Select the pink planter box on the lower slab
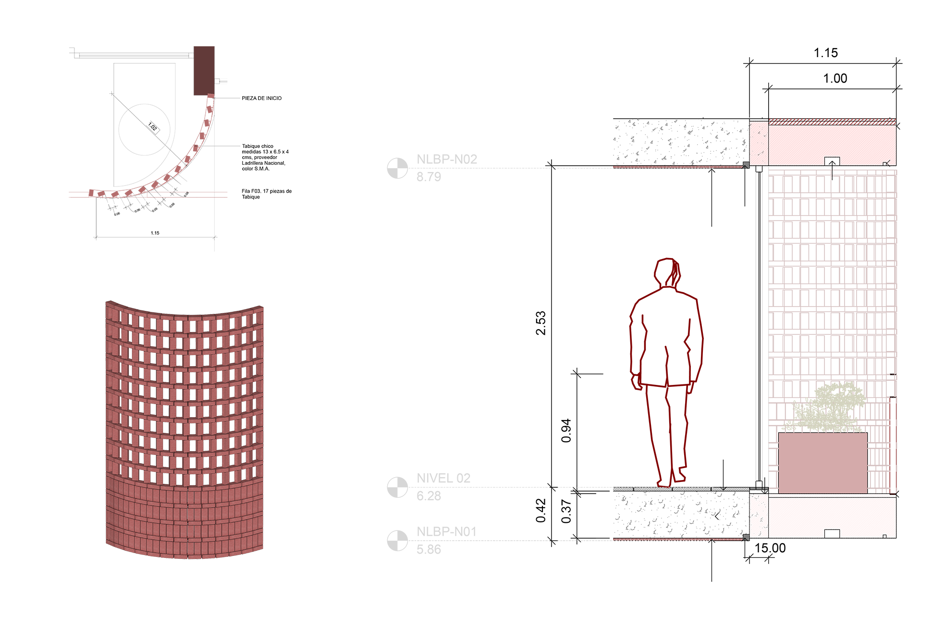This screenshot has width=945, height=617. [822, 462]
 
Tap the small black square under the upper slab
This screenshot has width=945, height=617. [832, 161]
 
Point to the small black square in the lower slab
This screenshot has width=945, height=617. [832, 533]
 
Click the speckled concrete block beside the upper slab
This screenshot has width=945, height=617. [759, 144]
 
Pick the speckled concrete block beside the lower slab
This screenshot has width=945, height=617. [759, 516]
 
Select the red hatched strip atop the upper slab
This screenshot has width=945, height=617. [832, 123]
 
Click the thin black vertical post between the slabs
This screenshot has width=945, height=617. [759, 327]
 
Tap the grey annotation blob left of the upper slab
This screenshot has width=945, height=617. [673, 143]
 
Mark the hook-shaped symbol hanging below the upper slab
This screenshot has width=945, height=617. [833, 175]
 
